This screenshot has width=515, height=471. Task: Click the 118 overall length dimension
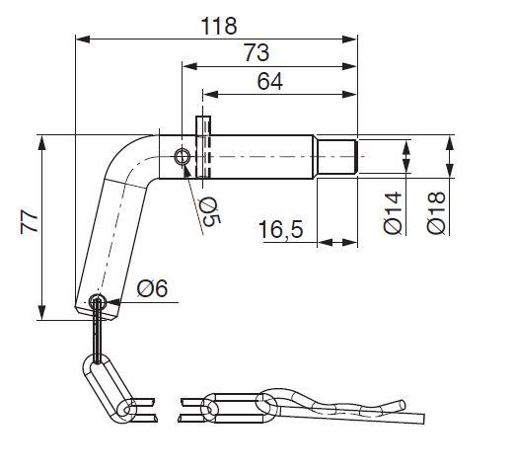pos(219,26)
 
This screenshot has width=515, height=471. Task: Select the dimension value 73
pos(257,53)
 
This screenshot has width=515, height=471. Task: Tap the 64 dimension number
pos(270,81)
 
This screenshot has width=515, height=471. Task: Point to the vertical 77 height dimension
pos(29,223)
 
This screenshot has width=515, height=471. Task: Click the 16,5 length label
pos(281,229)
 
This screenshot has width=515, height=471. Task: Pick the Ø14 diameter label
pos(393,212)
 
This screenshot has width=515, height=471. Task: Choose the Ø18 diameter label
pos(436,212)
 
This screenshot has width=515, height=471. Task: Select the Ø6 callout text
pos(152,288)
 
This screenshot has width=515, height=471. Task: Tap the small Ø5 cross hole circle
pos(183,157)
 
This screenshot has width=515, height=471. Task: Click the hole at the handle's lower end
pos(98,301)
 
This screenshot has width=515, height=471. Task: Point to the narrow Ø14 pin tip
pos(337,157)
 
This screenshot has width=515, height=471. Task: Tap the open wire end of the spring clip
pos(403,405)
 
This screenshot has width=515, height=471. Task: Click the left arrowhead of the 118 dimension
pos(83,39)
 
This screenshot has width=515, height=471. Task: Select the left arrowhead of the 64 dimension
pos(211,95)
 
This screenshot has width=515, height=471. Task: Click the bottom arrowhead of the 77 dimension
pos(41,312)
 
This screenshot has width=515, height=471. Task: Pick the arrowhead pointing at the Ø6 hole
pos(113,302)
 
